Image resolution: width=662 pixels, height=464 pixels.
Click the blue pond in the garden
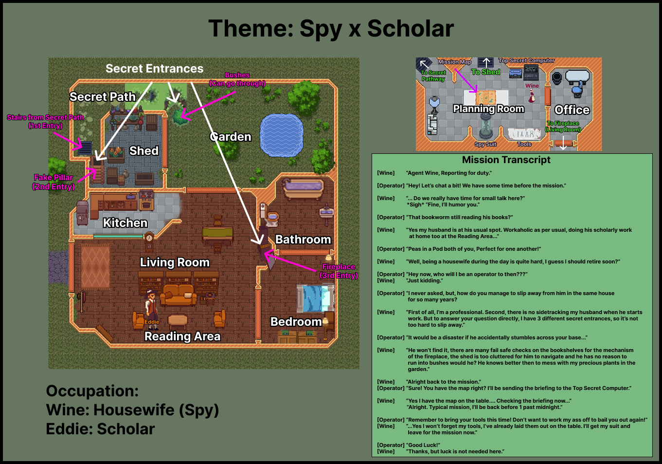(x=281, y=135)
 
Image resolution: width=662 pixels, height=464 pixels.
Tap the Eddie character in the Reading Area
(x=152, y=309)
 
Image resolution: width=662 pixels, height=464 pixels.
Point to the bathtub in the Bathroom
(x=303, y=189)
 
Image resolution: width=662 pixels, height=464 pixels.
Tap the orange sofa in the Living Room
(x=178, y=295)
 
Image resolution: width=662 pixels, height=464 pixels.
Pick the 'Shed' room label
(x=144, y=151)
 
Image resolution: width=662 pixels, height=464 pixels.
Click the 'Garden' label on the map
(x=230, y=137)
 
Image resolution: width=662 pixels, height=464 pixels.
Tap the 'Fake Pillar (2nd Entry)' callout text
(x=54, y=182)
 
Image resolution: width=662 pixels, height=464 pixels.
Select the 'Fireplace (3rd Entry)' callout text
(x=339, y=271)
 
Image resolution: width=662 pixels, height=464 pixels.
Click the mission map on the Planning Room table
(x=485, y=97)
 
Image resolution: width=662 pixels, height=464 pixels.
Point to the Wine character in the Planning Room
(x=531, y=96)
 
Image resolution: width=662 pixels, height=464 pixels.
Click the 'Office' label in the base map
(x=572, y=110)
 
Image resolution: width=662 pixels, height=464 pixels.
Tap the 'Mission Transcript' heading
(x=506, y=160)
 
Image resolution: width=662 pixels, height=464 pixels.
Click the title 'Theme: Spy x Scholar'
(x=331, y=28)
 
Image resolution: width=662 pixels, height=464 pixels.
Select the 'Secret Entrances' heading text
(x=155, y=69)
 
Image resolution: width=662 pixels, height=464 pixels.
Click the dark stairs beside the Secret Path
(x=85, y=148)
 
